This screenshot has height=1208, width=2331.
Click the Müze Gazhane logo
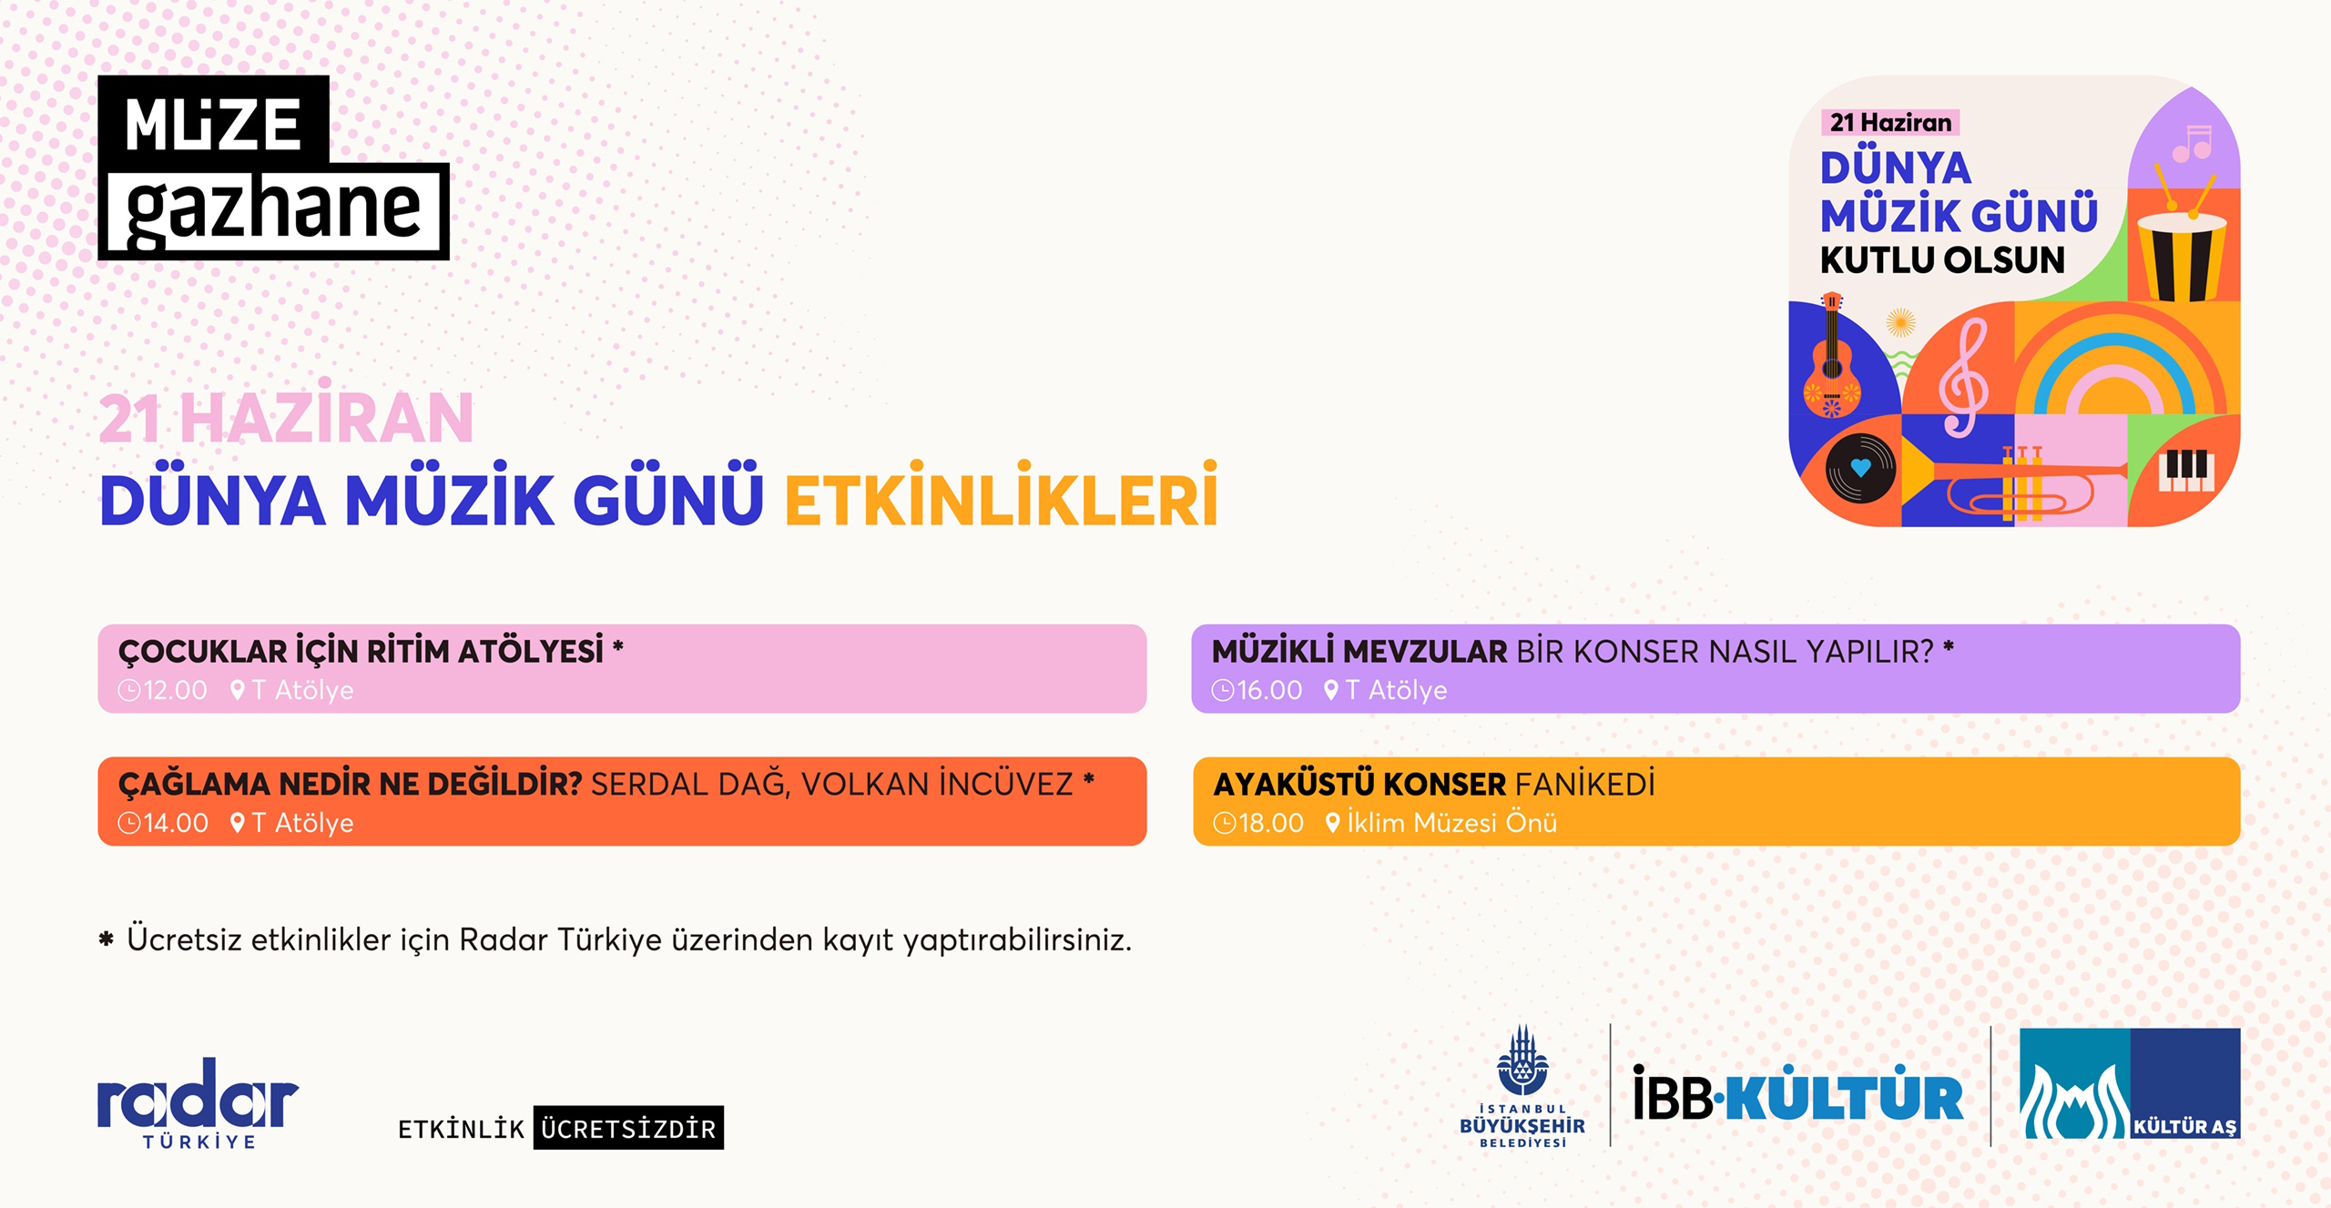pos(273,167)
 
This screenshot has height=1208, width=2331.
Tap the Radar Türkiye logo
pos(198,1102)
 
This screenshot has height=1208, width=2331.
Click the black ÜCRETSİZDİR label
pos(628,1128)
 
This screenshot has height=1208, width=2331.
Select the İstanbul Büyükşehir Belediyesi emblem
pos(1522,1086)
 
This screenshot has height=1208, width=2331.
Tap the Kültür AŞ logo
pos(2130,1083)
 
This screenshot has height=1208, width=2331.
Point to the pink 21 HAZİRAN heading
pos(286,417)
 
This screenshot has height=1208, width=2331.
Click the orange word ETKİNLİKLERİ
pos(1001,497)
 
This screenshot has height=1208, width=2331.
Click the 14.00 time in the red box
pos(165,823)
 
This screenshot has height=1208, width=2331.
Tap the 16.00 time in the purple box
pos(1257,690)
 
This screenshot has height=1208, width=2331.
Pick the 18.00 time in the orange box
pos(1259,823)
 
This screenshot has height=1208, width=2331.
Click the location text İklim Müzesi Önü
pos(1451,822)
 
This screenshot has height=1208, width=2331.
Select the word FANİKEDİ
pos(1585,784)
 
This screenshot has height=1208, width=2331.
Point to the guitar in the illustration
pos(1831,356)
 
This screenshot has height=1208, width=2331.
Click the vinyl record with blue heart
pos(1860,468)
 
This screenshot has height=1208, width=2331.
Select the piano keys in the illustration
pos(2186,470)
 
